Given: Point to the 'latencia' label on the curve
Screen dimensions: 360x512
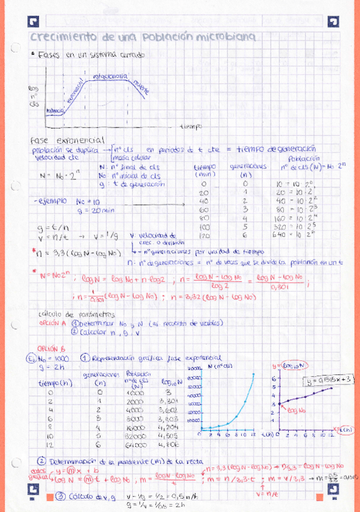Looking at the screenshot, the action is click(x=54, y=111).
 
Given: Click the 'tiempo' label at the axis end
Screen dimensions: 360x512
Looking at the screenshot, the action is click(x=191, y=126).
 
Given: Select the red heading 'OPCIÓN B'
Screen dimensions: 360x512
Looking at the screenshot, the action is click(x=47, y=348).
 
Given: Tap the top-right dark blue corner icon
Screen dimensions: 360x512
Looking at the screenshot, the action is click(x=332, y=22).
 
